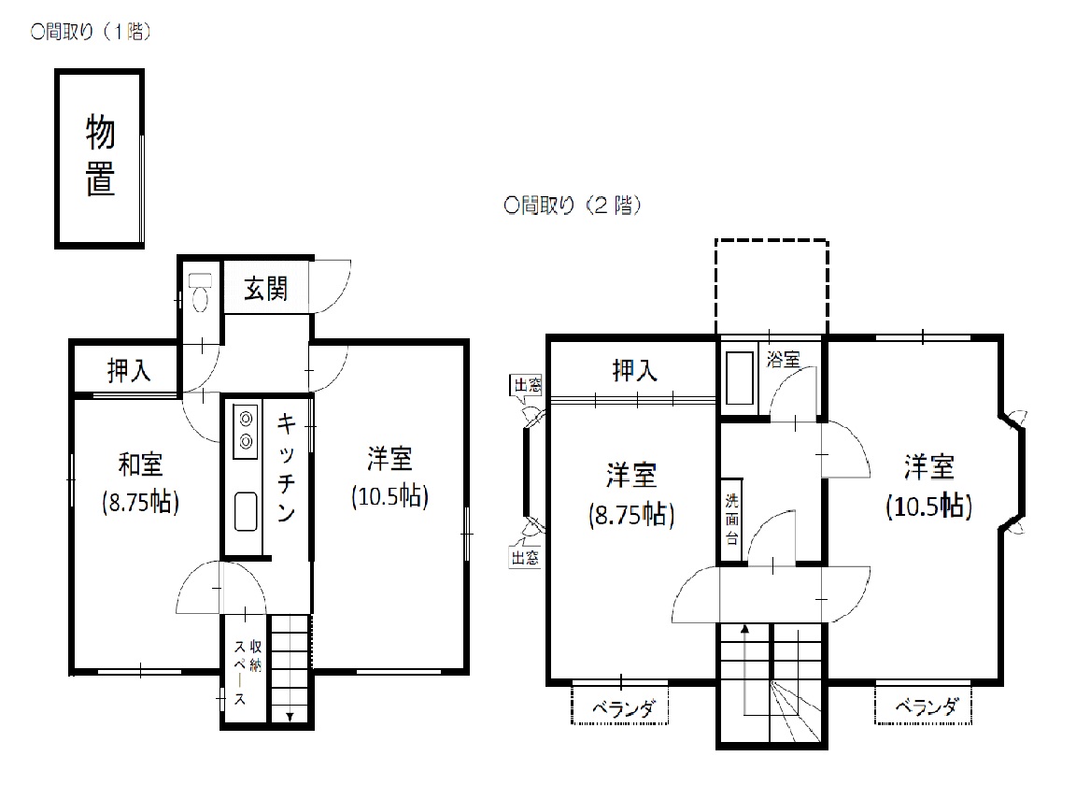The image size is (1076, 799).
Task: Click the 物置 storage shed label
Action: pos(100,156)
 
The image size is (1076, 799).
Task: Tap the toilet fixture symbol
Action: pos(200,292)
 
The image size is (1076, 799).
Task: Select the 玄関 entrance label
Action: pos(265,289)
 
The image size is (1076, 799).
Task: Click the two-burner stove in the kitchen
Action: pos(246,432)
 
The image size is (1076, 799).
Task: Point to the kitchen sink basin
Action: pos(246,511)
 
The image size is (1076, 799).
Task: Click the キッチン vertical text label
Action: pos(286,466)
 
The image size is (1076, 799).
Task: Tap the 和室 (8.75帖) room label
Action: pos(141,483)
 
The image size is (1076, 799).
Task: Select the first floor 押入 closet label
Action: pos(129,371)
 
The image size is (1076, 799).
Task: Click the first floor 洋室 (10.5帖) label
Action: pos(389,478)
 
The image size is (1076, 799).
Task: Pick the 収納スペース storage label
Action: pos(247,672)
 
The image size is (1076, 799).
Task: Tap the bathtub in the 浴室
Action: pos(740,378)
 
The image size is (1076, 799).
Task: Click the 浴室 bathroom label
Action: pos(783,359)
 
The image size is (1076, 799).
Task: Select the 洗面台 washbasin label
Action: pos(732,520)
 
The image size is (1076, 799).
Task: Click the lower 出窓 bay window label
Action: pos(525,557)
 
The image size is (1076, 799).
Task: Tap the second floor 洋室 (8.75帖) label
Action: pos(631,494)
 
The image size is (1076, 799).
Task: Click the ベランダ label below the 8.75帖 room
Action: pos(623,707)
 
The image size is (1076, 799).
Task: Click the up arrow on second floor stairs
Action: pos(744,669)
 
